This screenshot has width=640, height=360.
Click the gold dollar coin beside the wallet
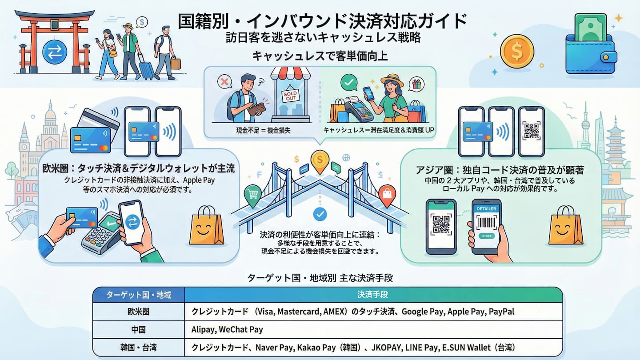517,51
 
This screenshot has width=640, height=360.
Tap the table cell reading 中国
138,329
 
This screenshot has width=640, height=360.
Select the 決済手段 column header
373,295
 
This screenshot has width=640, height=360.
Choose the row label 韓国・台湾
138,347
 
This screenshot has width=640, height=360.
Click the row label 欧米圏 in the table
138,312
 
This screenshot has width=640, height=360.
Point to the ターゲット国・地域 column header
138,295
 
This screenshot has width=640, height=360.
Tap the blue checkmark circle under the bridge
320,215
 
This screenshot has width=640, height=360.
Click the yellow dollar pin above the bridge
320,161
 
